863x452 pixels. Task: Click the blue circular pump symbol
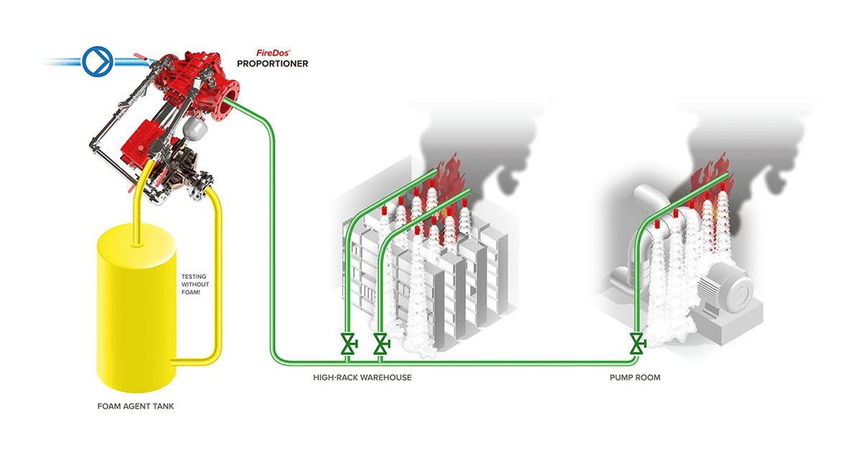pyautogui.click(x=98, y=61)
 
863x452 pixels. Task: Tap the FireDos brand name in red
pyautogui.click(x=273, y=53)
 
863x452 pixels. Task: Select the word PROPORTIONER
pyautogui.click(x=273, y=63)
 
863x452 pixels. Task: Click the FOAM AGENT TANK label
pyautogui.click(x=136, y=406)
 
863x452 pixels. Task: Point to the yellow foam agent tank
pyautogui.click(x=137, y=309)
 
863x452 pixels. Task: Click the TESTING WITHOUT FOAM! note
pyautogui.click(x=196, y=284)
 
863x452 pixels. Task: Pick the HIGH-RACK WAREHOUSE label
pyautogui.click(x=362, y=378)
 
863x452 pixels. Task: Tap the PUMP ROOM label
pyautogui.click(x=635, y=378)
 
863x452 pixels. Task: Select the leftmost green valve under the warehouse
pyautogui.click(x=349, y=343)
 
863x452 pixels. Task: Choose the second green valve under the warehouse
pyautogui.click(x=381, y=343)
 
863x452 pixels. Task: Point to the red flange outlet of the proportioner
pyautogui.click(x=227, y=99)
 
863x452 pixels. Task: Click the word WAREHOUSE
pyautogui.click(x=386, y=378)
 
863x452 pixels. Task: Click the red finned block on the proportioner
pyautogui.click(x=139, y=141)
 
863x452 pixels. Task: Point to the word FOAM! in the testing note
pyautogui.click(x=191, y=292)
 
